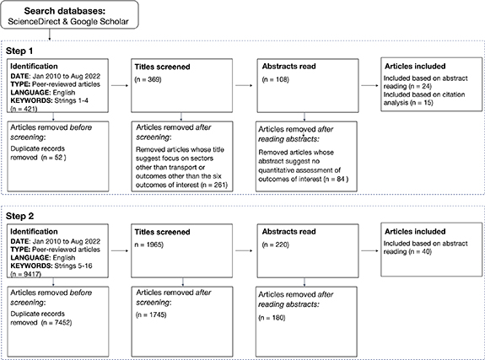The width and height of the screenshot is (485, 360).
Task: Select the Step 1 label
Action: (23, 50)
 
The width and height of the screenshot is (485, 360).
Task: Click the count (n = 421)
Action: (24, 107)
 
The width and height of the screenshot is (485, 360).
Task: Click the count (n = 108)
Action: (278, 78)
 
